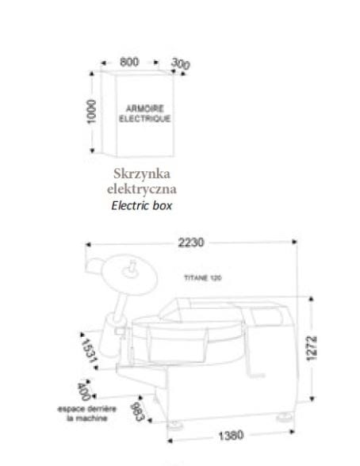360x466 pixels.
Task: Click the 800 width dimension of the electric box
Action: tap(129, 62)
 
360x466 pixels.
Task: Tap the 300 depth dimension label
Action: tap(181, 63)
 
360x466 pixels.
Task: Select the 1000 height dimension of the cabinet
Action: tap(91, 112)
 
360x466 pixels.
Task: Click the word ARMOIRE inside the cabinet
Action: tap(145, 109)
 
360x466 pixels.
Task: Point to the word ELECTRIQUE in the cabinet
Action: tap(145, 119)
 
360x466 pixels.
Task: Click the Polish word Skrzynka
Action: tap(142, 174)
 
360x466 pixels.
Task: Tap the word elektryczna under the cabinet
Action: tap(142, 189)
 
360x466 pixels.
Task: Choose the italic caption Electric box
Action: tap(142, 206)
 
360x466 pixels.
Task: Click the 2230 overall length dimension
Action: tap(191, 243)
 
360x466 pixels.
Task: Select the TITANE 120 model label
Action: tap(203, 278)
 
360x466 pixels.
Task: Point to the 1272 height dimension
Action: tap(312, 348)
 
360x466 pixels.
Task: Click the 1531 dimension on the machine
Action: tap(89, 350)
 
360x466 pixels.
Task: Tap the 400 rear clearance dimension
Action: tap(83, 392)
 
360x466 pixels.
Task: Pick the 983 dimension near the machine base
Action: tap(137, 411)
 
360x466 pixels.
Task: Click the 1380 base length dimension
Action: tap(231, 436)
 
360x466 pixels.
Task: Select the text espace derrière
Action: tap(86, 409)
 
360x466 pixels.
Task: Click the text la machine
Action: tap(86, 418)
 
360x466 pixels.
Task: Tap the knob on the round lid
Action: tap(132, 269)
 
